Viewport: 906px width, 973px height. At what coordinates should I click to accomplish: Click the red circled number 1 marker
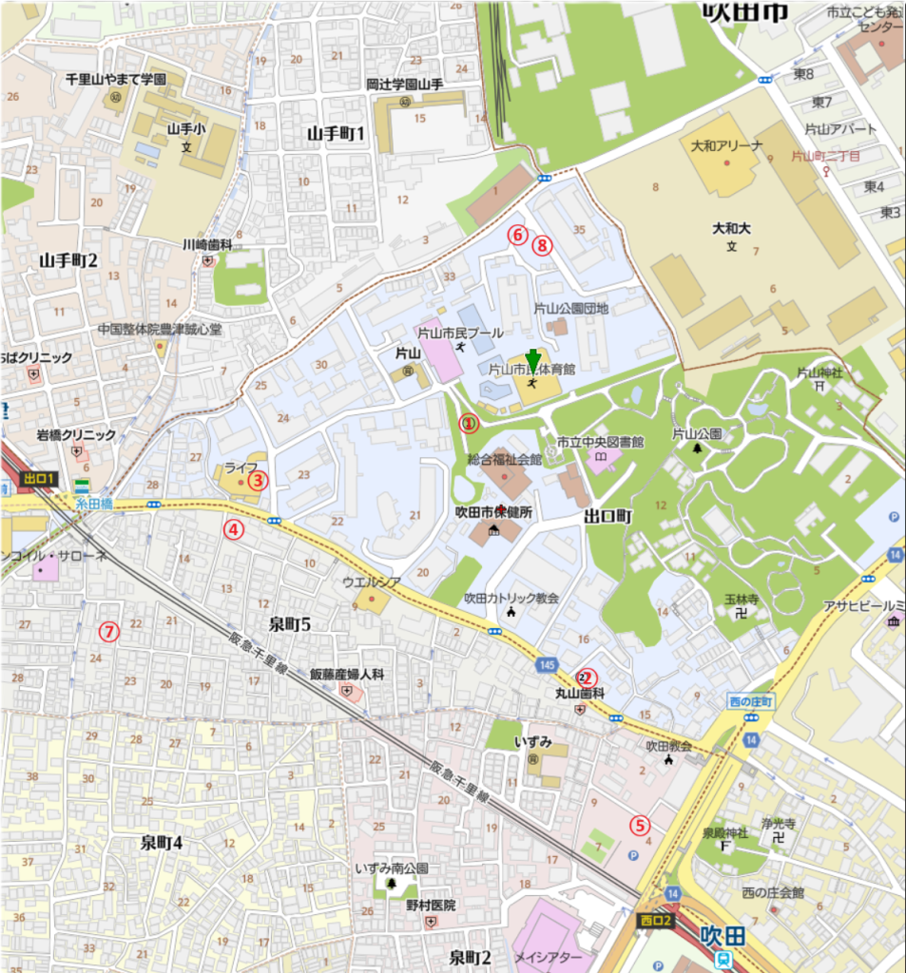coord(467,424)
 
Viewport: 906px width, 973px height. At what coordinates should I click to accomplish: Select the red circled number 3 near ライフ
coord(257,480)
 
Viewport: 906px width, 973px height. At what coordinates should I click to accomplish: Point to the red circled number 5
coord(640,826)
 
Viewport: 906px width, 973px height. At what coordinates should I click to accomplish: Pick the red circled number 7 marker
coord(109,630)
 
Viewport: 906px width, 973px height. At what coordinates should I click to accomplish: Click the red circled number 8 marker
coord(541,245)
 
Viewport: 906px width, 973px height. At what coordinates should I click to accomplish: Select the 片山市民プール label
coord(461,334)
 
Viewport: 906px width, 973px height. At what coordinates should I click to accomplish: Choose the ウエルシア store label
coord(368,582)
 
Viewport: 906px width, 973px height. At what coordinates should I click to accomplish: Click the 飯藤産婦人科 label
coord(347,674)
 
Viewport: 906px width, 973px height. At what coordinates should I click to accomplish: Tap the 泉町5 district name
coord(290,624)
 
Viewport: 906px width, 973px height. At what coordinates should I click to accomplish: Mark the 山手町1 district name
coord(336,134)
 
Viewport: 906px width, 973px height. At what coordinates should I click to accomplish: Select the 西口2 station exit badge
coord(654,919)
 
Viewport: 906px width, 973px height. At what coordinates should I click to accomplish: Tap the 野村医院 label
coord(431,906)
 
